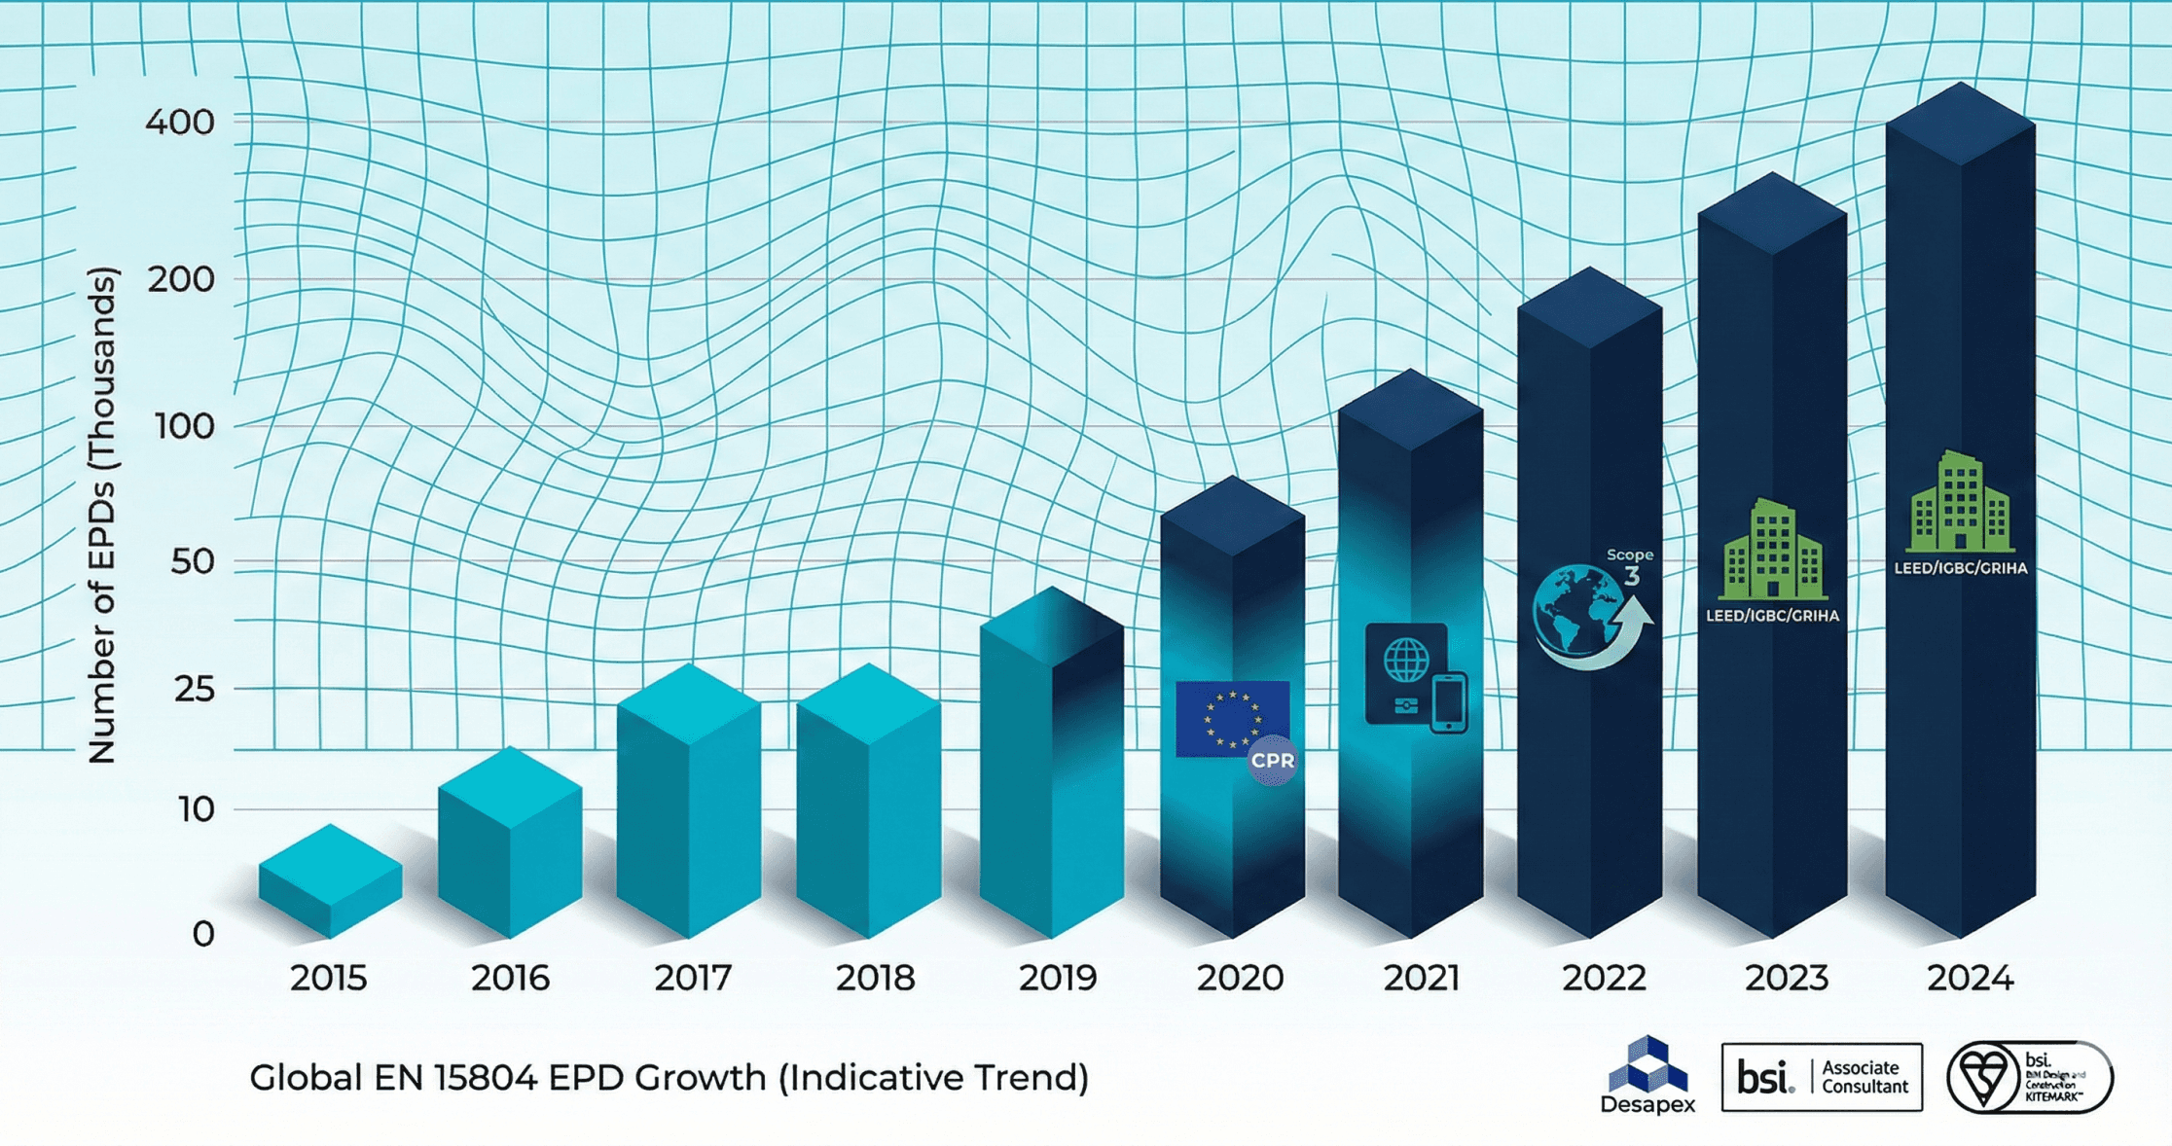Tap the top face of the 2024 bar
click(x=1960, y=124)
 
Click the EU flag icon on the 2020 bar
click(x=1231, y=718)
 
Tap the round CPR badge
click(x=1272, y=761)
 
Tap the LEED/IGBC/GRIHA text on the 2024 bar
click(x=1960, y=568)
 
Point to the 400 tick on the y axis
click(x=180, y=123)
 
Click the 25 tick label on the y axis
click(x=194, y=690)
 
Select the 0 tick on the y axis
click(x=203, y=934)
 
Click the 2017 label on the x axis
click(x=693, y=978)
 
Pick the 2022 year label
click(x=1604, y=978)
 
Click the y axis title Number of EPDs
click(x=101, y=516)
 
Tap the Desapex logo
click(x=1647, y=1075)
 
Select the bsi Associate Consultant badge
click(x=1822, y=1077)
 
